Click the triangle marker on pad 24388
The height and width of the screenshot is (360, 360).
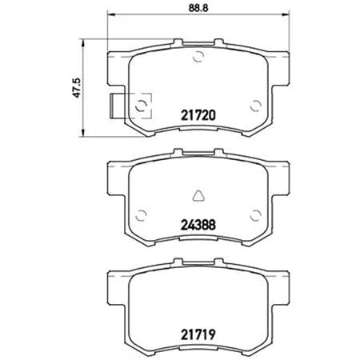pos(198,192)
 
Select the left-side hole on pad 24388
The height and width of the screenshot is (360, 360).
pos(142,213)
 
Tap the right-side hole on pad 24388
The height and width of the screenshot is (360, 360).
pos(254,213)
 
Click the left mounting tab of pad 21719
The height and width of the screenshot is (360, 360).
pos(114,281)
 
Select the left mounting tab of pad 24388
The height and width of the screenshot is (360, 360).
pos(114,172)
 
